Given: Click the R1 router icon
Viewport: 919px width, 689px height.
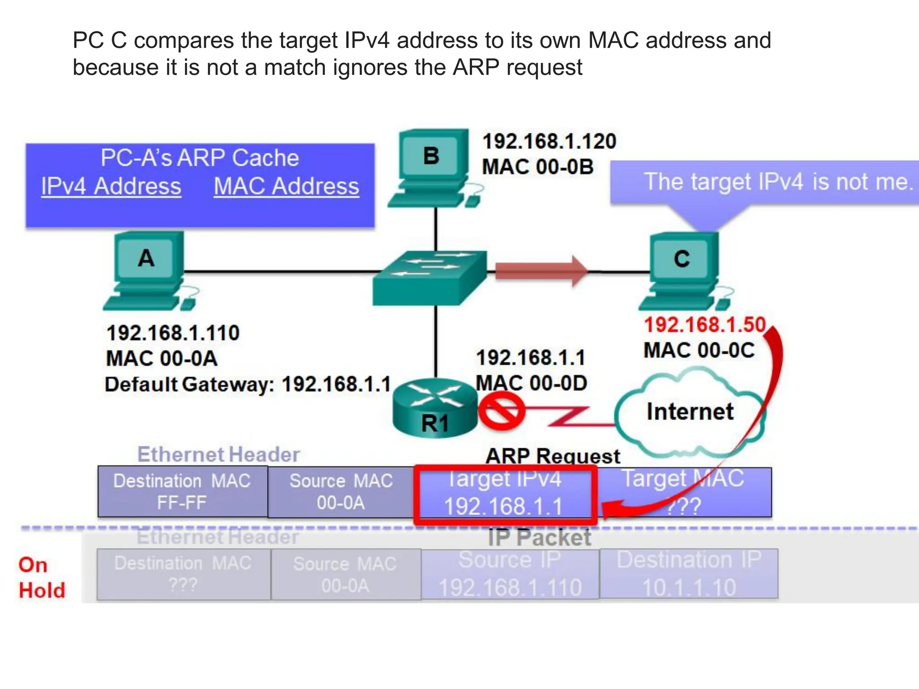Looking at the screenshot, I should point(435,408).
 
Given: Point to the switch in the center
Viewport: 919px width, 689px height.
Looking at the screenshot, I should point(430,278).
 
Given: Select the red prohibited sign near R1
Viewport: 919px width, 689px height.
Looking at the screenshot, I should point(501,411).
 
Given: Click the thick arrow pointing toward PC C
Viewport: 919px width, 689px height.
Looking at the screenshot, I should point(541,270).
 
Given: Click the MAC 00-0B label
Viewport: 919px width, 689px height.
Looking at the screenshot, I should point(538,167).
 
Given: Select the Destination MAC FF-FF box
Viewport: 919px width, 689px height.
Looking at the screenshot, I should point(182,492).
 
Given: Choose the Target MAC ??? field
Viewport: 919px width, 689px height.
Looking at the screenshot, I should point(683,492).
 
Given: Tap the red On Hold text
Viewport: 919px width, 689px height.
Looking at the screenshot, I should point(41,577).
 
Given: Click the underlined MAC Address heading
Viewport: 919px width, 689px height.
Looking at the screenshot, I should point(286,186).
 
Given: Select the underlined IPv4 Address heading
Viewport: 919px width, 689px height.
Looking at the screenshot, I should point(111,186).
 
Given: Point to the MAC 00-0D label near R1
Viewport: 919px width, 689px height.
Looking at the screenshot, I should point(531,383).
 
